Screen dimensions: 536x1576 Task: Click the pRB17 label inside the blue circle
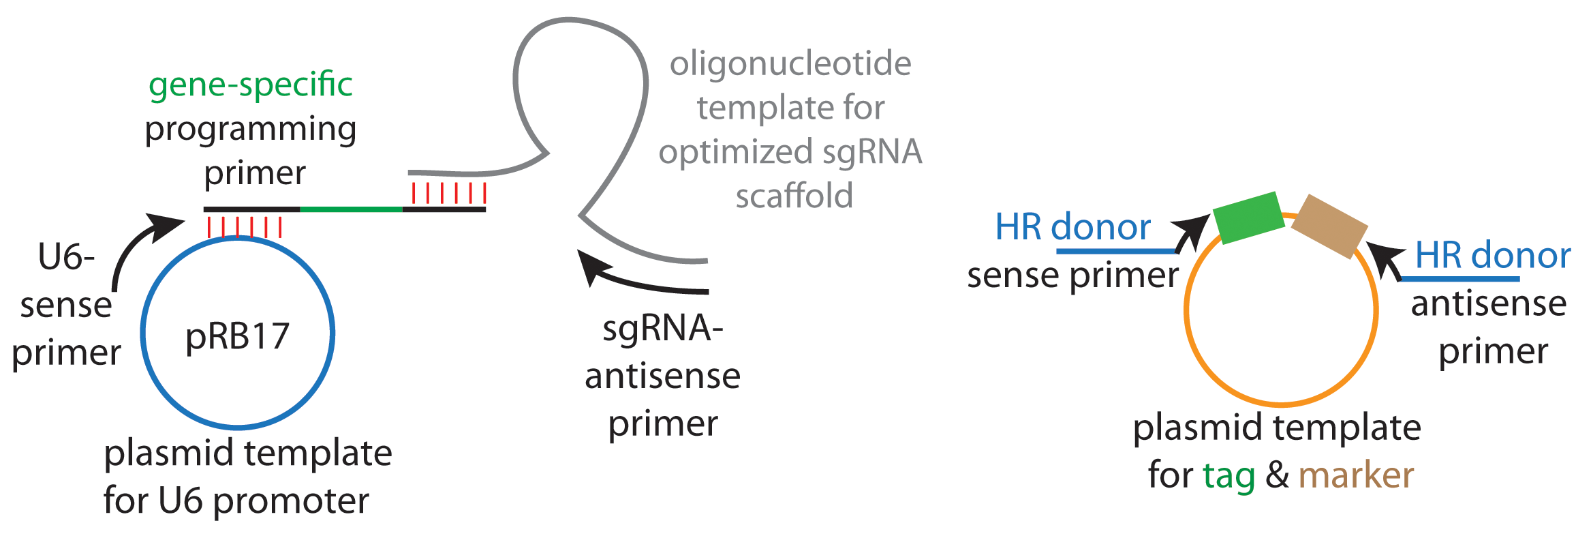[x=237, y=336]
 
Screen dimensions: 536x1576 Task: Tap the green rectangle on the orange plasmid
[x=1248, y=218]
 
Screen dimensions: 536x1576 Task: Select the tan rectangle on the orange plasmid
[x=1329, y=226]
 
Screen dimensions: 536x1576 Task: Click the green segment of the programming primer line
[x=351, y=209]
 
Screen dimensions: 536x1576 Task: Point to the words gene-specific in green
[x=250, y=85]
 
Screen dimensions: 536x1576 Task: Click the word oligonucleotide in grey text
[x=790, y=64]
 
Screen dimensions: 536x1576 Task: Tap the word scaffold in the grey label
[x=794, y=196]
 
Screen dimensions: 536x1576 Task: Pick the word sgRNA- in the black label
[x=662, y=329]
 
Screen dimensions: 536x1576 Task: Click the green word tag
[x=1229, y=476]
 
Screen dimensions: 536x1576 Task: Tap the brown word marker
[x=1356, y=475]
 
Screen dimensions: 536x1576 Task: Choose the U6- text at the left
[x=66, y=258]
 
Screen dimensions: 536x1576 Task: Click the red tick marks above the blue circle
[x=244, y=226]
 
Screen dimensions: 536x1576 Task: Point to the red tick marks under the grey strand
[x=448, y=193]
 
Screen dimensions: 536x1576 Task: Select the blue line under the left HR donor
[x=1115, y=252]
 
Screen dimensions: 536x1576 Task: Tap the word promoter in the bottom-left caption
[x=291, y=502]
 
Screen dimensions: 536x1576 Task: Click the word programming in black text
[x=250, y=130]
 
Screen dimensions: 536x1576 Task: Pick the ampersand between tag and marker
[x=1277, y=475]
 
